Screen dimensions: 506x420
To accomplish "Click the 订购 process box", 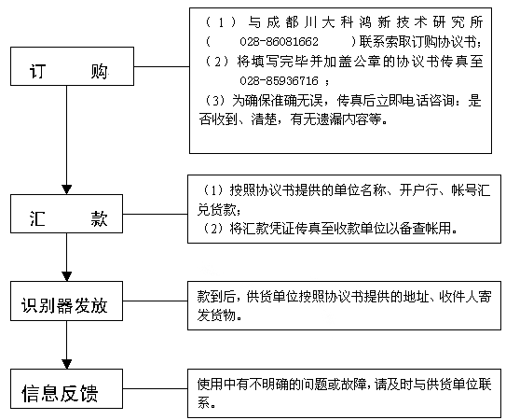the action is click(x=73, y=66).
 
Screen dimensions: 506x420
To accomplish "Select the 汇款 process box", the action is click(x=66, y=214).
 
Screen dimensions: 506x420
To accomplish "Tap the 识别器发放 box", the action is click(x=66, y=301).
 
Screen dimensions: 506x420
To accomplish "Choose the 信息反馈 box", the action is click(x=66, y=388).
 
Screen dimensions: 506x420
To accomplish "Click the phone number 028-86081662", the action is click(x=279, y=42).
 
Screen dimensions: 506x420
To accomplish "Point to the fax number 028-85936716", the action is click(x=279, y=80).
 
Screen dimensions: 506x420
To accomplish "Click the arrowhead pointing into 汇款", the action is click(x=67, y=189).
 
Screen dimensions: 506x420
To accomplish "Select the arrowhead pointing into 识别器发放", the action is click(x=67, y=277).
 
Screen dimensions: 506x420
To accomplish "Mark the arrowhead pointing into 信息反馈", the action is click(x=67, y=364).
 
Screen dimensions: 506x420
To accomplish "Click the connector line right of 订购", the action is click(x=161, y=67).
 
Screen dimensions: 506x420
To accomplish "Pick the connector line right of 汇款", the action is click(x=156, y=214).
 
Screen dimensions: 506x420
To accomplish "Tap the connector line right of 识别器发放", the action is click(x=156, y=301).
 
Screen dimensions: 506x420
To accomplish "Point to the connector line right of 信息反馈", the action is click(x=156, y=388).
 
